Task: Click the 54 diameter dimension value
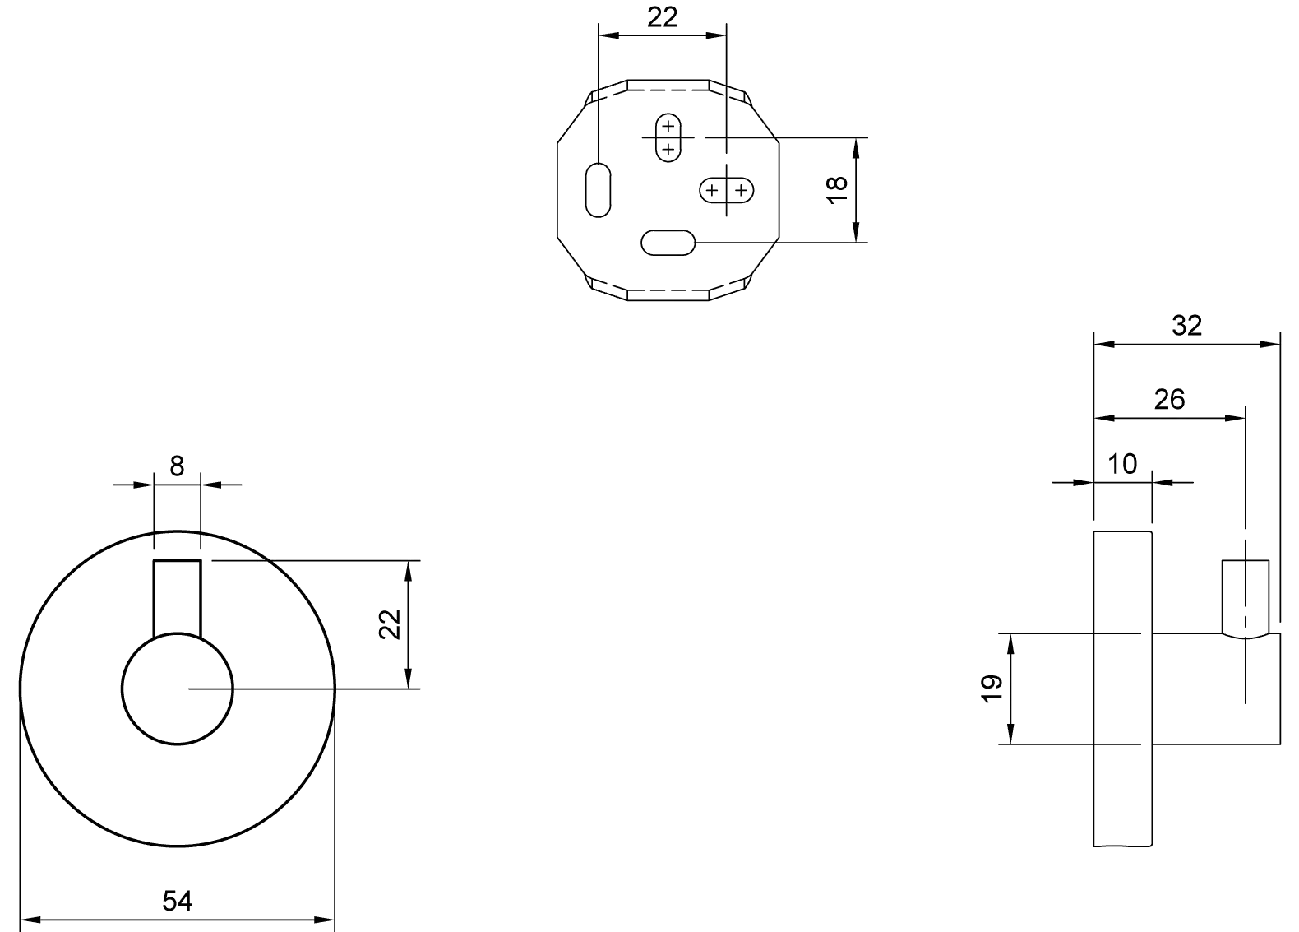pyautogui.click(x=177, y=902)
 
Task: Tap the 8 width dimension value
pyautogui.click(x=177, y=466)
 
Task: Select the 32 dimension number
pyautogui.click(x=1186, y=326)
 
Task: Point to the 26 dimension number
pyautogui.click(x=1169, y=399)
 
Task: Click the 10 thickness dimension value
pyautogui.click(x=1122, y=464)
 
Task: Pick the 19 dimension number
pyautogui.click(x=992, y=689)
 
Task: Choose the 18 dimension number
pyautogui.click(x=837, y=190)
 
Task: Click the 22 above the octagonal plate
pyautogui.click(x=663, y=17)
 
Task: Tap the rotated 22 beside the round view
pyautogui.click(x=390, y=624)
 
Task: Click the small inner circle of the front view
pyautogui.click(x=178, y=689)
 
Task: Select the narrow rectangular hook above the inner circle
pyautogui.click(x=178, y=599)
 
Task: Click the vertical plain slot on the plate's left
pyautogui.click(x=599, y=190)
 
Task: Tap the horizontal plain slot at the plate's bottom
pyautogui.click(x=668, y=243)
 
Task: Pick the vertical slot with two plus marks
pyautogui.click(x=668, y=137)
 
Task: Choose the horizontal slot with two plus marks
pyautogui.click(x=727, y=190)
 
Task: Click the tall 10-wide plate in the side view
pyautogui.click(x=1123, y=689)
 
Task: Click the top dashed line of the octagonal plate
pyautogui.click(x=668, y=90)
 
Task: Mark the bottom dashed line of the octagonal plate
pyautogui.click(x=668, y=290)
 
